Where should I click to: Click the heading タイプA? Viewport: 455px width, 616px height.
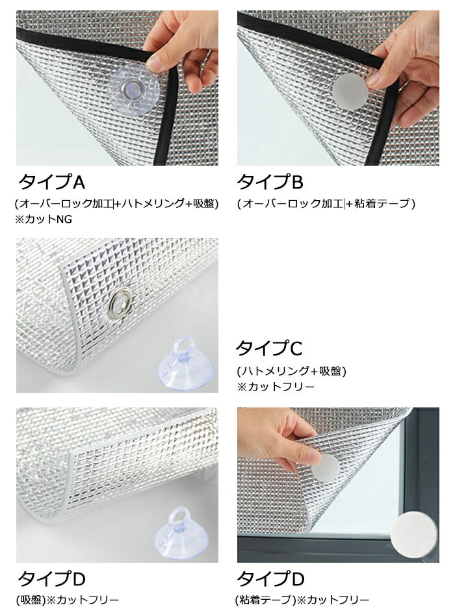point(51,182)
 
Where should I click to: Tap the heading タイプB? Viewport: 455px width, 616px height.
point(270,182)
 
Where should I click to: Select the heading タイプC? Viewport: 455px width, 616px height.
point(269,348)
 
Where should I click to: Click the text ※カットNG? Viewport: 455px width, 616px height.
point(44,219)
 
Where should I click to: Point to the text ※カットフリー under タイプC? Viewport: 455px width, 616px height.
point(276,387)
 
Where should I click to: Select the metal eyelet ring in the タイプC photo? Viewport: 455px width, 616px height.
point(120,302)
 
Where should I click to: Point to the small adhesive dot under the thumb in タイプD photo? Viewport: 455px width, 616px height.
point(324,467)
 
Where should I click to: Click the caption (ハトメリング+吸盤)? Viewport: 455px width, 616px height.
point(291,371)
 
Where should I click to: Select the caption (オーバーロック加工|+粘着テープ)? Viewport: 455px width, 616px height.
point(326,203)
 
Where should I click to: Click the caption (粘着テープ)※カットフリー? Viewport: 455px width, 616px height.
point(302,600)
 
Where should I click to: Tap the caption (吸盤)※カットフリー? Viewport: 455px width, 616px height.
point(67,600)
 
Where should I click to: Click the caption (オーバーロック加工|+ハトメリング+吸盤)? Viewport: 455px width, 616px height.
point(117,203)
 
